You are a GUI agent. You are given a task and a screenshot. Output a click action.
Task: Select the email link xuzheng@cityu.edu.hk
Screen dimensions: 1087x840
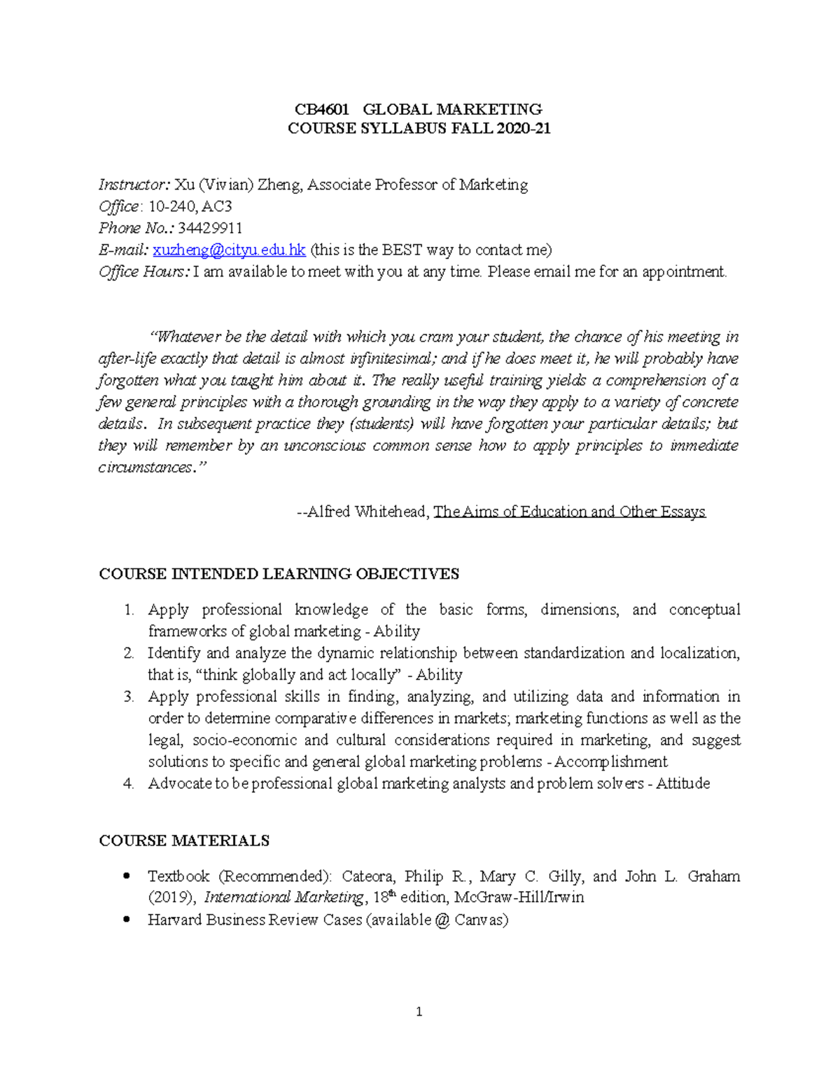229,250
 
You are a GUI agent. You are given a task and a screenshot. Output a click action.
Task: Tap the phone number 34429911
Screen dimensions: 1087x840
210,228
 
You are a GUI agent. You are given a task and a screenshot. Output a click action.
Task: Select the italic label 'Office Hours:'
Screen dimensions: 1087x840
143,272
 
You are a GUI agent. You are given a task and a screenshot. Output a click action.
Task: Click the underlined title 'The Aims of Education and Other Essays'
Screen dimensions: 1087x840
569,512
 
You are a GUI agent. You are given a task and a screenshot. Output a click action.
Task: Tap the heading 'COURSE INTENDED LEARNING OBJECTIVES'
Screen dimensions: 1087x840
279,574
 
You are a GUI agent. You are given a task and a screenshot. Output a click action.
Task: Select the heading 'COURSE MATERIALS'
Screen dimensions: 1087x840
184,841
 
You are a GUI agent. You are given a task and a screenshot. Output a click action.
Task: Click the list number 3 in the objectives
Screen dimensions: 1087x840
128,696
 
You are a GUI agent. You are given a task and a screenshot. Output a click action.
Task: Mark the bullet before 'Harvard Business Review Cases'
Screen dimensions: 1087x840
126,920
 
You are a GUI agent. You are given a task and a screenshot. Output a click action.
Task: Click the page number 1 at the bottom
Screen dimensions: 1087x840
419,1011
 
